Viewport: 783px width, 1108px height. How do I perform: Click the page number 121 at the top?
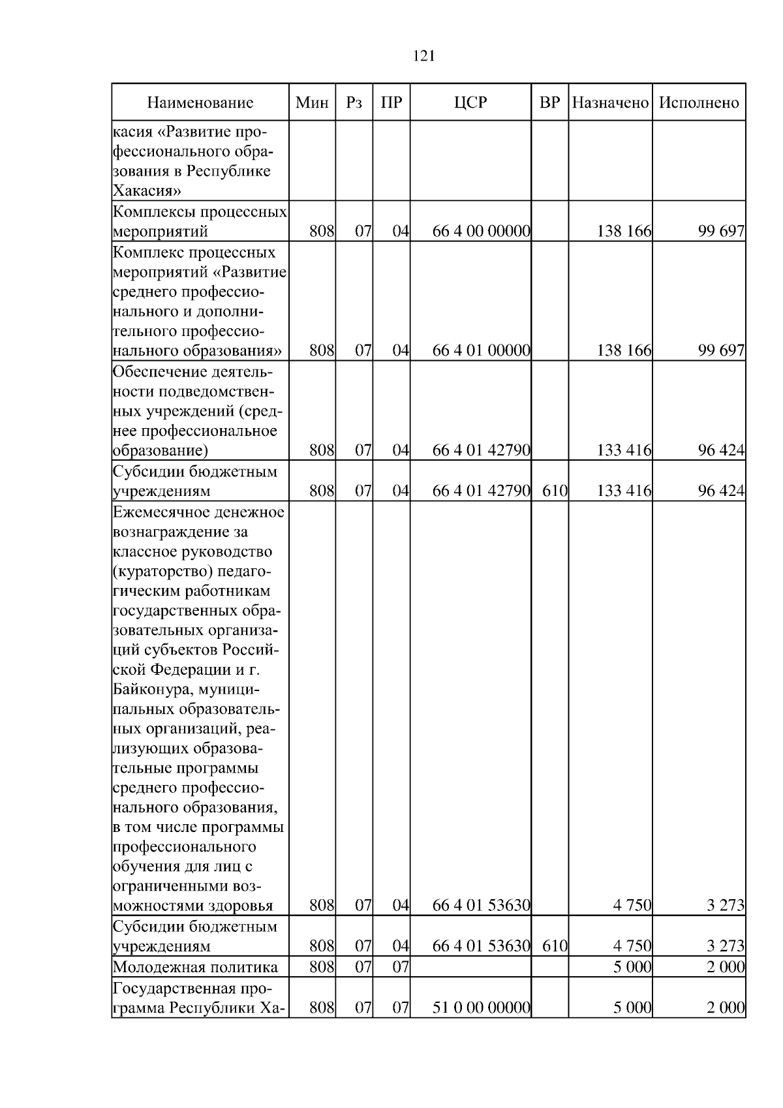coord(424,56)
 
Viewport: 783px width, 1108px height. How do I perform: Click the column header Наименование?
coord(200,102)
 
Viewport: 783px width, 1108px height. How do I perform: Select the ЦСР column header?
coord(470,102)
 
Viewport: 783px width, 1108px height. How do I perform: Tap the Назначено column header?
coord(610,102)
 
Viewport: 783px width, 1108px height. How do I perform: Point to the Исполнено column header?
coord(699,102)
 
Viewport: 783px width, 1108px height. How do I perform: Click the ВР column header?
coord(550,102)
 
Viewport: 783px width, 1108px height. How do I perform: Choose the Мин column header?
coord(312,102)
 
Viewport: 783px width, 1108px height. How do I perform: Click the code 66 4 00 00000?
coord(481,232)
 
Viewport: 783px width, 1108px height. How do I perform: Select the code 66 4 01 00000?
coord(481,351)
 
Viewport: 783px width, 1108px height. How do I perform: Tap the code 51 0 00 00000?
coord(481,1008)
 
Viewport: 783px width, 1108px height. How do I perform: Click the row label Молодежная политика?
coord(195,967)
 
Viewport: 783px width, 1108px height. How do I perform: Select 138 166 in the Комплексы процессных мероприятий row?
coord(624,232)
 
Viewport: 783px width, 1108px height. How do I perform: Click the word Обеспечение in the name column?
coord(160,372)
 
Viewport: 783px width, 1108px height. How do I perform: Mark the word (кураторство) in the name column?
coord(156,572)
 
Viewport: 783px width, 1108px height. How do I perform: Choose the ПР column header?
coord(391,102)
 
